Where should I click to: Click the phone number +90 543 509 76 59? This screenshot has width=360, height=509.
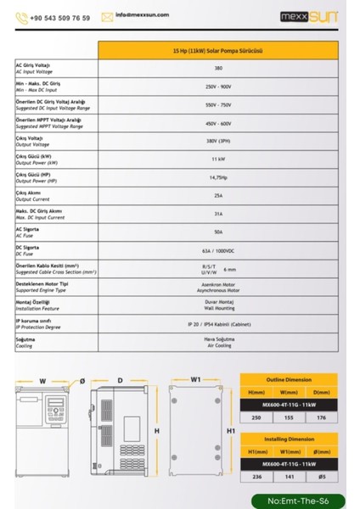click(59, 17)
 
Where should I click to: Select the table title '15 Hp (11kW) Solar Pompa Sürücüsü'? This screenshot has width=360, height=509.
click(218, 51)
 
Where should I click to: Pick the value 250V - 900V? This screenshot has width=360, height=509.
click(218, 87)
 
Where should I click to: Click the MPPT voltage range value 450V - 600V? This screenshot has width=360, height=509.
click(218, 123)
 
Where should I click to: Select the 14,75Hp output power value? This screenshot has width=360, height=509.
click(218, 176)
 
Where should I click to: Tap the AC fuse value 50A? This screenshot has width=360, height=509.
click(218, 231)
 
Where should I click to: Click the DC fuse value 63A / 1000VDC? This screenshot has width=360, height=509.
click(218, 249)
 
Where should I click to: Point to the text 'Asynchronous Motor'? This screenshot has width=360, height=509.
click(218, 289)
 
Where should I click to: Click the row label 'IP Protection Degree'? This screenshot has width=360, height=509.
click(45, 327)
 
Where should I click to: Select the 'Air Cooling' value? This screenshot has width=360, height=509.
click(218, 345)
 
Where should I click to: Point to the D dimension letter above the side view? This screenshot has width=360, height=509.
click(120, 380)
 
